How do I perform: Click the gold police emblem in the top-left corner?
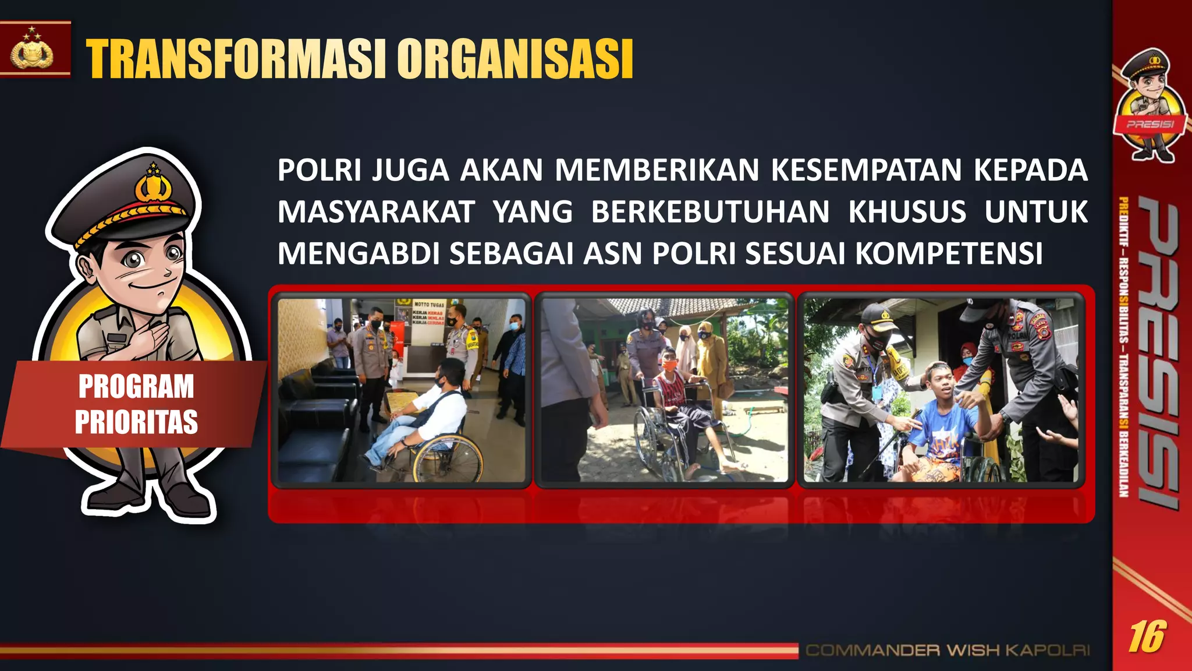(x=32, y=51)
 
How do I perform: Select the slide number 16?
(x=1147, y=637)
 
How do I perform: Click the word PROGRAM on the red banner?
(x=136, y=387)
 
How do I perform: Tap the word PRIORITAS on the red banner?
(x=136, y=422)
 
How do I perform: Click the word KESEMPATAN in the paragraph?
(x=866, y=170)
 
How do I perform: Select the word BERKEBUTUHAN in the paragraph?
(x=710, y=211)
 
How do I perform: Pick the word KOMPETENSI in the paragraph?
(x=949, y=253)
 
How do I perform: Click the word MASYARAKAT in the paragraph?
(x=376, y=211)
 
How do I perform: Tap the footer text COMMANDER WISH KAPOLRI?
(x=947, y=650)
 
